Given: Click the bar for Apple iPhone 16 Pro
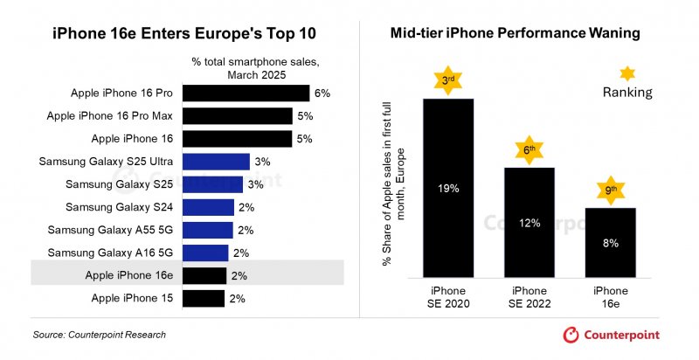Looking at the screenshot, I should tap(247, 93).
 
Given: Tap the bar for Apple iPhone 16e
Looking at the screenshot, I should tap(204, 275).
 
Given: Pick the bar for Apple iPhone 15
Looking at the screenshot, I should tap(204, 298).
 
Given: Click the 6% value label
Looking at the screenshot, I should tap(322, 93).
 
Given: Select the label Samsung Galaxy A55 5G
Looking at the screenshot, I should tap(110, 230).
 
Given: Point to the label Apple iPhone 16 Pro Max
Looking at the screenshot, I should tap(110, 115).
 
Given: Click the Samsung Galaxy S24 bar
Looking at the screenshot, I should tap(209, 207).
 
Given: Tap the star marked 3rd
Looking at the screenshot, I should tap(448, 80).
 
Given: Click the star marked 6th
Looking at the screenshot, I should tap(529, 149).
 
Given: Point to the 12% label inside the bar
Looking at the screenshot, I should tap(529, 223).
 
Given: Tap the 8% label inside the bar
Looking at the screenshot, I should tap(610, 243).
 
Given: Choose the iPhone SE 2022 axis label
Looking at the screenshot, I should tap(529, 296).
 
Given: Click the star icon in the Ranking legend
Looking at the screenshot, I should tap(626, 73).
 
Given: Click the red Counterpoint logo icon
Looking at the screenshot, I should tap(571, 335).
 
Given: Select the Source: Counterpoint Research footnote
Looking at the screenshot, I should tap(99, 335).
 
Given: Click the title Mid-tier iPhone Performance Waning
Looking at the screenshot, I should tap(516, 33).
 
